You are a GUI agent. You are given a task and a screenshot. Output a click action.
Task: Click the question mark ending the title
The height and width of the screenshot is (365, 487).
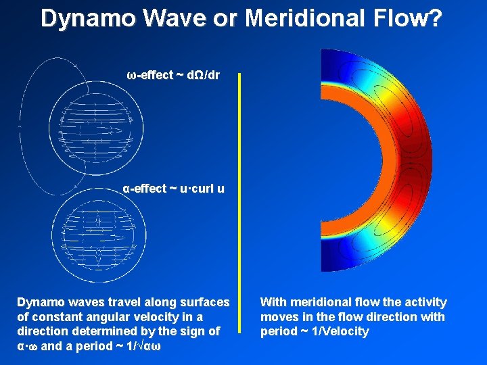pyautogui.click(x=436, y=18)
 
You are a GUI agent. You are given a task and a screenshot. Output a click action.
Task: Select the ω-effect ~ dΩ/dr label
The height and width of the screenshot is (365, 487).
pyautogui.click(x=173, y=75)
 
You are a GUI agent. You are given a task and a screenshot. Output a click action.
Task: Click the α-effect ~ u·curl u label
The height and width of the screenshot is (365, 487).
pyautogui.click(x=173, y=189)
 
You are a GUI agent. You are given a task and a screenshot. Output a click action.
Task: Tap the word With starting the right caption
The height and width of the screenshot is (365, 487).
pyautogui.click(x=274, y=302)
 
